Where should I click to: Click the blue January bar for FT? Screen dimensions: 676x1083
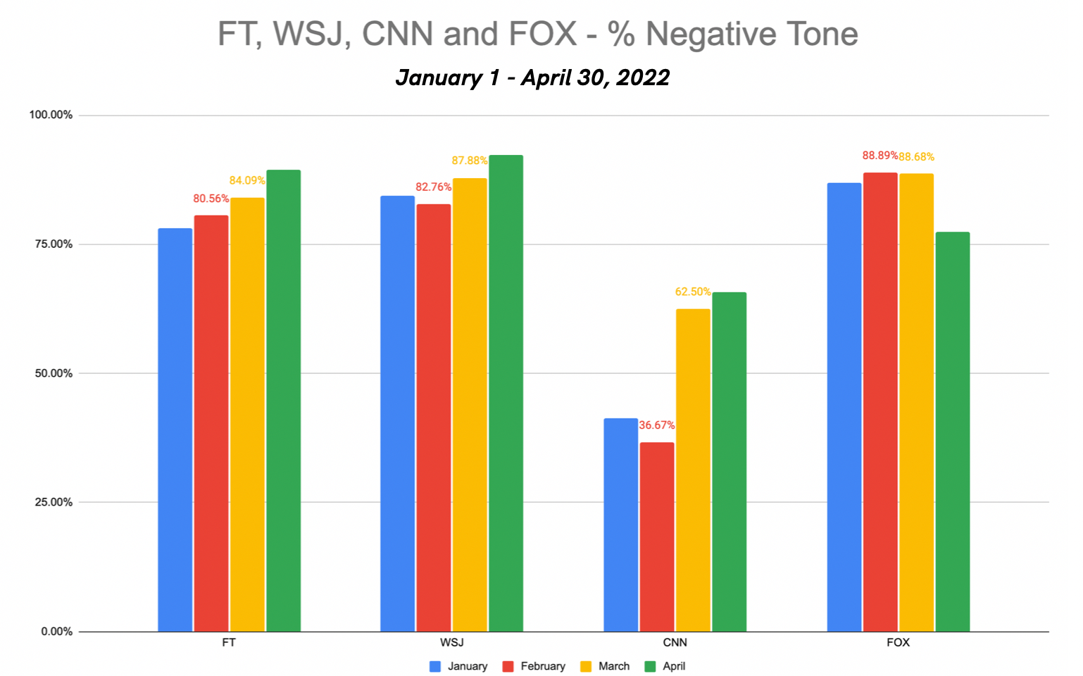(175, 430)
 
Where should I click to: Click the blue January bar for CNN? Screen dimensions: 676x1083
(620, 525)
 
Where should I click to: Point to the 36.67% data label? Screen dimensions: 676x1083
(656, 425)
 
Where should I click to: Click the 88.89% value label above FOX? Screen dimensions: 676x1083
(879, 156)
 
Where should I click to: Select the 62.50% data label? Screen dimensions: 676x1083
(693, 292)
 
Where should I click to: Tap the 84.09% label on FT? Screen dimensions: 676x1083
(247, 180)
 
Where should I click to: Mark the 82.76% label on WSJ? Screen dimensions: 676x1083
(433, 187)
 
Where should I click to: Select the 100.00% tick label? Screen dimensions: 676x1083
(51, 115)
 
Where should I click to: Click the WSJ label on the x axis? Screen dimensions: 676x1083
(451, 642)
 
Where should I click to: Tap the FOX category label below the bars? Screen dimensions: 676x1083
(898, 642)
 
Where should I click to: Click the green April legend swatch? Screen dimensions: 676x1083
(651, 666)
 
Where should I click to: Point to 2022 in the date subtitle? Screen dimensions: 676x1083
(643, 77)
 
